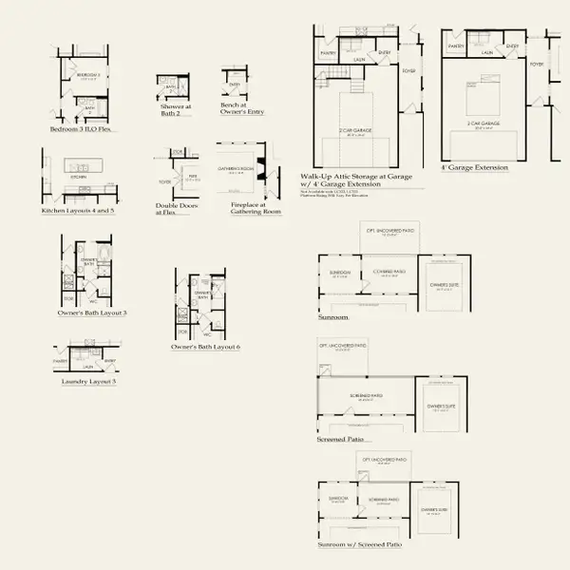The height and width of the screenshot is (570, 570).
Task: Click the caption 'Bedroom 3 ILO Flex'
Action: coord(80,128)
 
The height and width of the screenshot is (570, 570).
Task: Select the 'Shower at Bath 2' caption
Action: coord(175,110)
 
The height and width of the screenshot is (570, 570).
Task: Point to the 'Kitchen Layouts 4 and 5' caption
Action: coord(78,211)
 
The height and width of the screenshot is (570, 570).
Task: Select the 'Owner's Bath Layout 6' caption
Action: coord(205,347)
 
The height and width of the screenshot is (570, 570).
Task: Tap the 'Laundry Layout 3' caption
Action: coord(88,381)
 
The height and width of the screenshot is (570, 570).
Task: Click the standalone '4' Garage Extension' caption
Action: coord(474,167)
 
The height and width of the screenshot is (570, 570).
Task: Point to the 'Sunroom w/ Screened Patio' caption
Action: coord(360,544)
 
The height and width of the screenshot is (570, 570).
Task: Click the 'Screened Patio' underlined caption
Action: coord(341,440)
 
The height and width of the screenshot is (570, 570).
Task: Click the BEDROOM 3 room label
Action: coord(88,73)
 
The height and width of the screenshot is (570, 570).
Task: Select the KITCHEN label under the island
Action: coord(78,177)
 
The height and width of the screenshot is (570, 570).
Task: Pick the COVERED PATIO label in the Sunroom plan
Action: coord(389,270)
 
